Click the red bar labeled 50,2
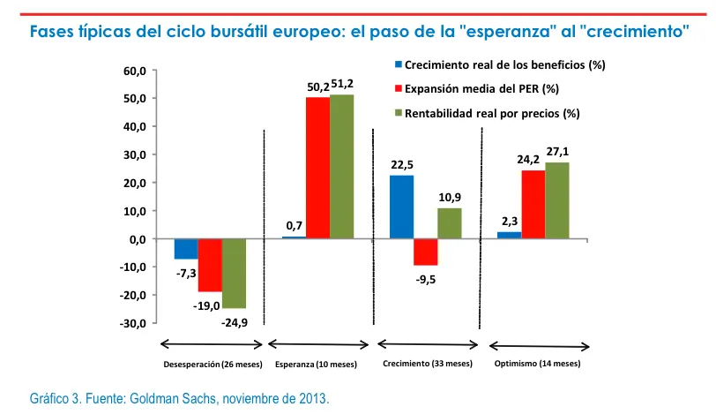point(317,168)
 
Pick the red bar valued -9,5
point(425,252)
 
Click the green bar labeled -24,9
point(234,273)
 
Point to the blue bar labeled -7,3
point(186,249)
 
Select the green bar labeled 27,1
point(556,200)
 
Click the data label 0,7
point(294,227)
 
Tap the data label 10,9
point(450,197)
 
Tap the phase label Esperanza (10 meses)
point(316,365)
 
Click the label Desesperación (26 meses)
point(212,365)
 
